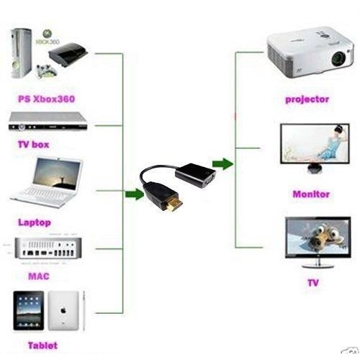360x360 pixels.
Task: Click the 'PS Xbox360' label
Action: pos(47,99)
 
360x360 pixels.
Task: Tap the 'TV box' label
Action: pos(34,145)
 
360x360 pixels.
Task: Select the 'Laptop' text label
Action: pos(35,222)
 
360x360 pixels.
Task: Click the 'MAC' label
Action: pos(39,276)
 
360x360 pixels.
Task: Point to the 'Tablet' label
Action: pos(43,346)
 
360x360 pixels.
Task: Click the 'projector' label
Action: pos(307,99)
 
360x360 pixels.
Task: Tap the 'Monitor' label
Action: pos(311,194)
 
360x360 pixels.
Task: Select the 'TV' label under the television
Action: pos(313,283)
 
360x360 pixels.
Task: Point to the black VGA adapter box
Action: pos(195,175)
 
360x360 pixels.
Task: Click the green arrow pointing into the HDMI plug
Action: pos(135,194)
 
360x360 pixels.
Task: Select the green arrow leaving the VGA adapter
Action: pos(222,164)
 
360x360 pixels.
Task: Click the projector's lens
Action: pos(338,58)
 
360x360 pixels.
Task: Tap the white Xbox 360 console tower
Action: pos(22,53)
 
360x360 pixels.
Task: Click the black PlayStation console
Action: pos(68,54)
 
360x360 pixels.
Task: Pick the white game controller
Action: pos(46,71)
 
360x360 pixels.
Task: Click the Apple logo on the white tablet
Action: pos(63,311)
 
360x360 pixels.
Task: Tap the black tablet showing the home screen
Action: pos(29,310)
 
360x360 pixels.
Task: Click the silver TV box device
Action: pos(48,122)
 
